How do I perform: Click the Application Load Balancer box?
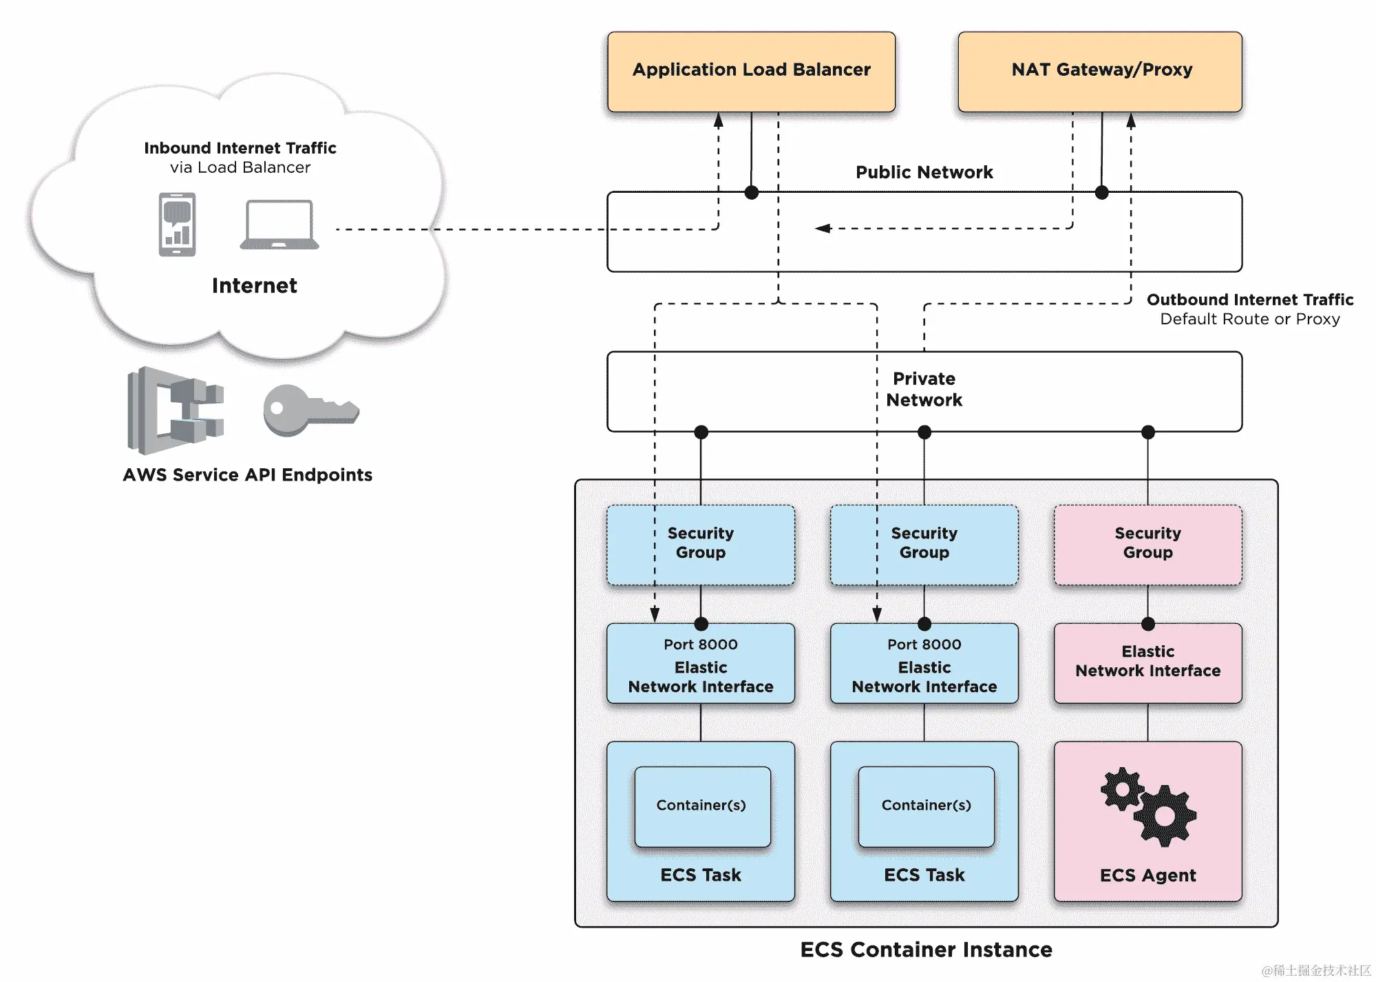tap(751, 71)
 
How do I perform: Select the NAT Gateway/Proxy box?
tap(1100, 71)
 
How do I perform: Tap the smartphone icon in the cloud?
tap(177, 224)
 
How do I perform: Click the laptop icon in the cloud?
tap(279, 224)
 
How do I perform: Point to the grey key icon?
tap(310, 410)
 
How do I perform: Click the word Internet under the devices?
tap(254, 285)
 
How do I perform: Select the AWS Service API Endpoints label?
tap(247, 474)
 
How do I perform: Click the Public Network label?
tap(924, 172)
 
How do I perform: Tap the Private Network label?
tap(924, 389)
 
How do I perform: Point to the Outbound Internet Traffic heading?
tap(1249, 300)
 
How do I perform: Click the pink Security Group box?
tap(1147, 544)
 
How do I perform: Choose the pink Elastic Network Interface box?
tap(1147, 662)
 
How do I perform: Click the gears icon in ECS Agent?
tap(1147, 806)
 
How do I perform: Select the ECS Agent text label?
tap(1147, 875)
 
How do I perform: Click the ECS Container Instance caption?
tap(926, 950)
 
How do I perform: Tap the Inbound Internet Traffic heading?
tap(240, 148)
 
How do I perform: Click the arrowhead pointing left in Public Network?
tap(823, 228)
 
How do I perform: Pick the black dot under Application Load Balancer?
tap(752, 193)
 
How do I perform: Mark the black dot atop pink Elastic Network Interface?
tap(1147, 624)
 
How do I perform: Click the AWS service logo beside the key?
tap(176, 410)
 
